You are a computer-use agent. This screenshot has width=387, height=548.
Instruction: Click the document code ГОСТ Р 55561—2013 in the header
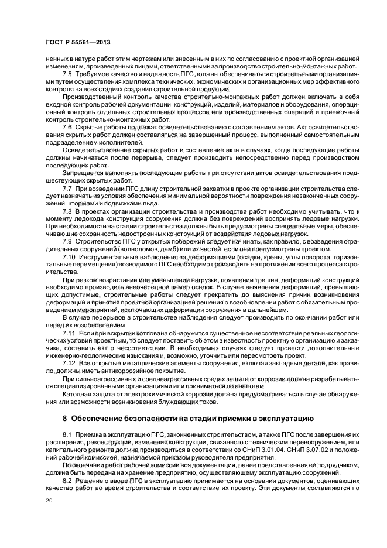coord(78,43)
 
